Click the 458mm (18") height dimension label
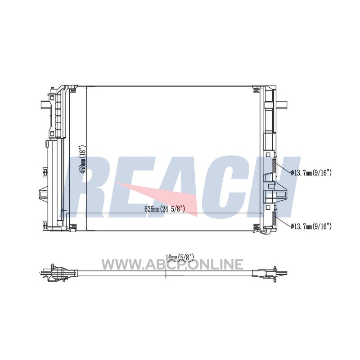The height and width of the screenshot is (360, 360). click(83, 159)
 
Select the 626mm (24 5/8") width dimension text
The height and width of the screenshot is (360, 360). click(165, 209)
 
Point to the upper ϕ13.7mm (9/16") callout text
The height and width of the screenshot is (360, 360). click(311, 173)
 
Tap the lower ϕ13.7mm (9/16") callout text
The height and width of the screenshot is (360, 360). click(311, 226)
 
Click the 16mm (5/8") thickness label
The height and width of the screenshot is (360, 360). click(180, 257)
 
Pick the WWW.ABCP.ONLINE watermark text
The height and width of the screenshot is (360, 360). click(172, 264)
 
